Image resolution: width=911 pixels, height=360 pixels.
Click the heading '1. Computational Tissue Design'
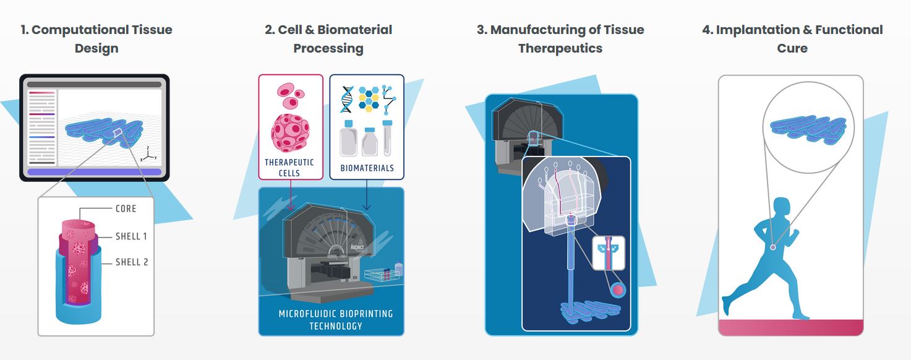click(x=96, y=38)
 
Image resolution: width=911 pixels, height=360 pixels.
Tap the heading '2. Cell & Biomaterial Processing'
click(x=328, y=38)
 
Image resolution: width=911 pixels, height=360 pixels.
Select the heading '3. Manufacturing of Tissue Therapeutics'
click(x=560, y=38)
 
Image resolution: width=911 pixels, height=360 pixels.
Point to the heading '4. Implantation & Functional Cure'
click(x=792, y=38)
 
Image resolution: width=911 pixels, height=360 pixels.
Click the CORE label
click(x=126, y=208)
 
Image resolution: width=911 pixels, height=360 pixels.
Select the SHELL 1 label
click(x=131, y=236)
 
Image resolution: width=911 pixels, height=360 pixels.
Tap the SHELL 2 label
click(x=132, y=262)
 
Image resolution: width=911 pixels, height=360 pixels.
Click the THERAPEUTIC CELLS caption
click(x=289, y=168)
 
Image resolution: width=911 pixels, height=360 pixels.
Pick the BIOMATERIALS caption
click(x=367, y=168)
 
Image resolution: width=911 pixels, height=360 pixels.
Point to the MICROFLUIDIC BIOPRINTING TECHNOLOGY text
click(x=335, y=319)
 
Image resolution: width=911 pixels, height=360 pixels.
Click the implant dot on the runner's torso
click(x=773, y=248)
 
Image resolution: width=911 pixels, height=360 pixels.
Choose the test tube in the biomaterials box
click(x=388, y=137)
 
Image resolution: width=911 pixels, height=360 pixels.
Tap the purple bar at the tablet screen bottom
click(x=95, y=172)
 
